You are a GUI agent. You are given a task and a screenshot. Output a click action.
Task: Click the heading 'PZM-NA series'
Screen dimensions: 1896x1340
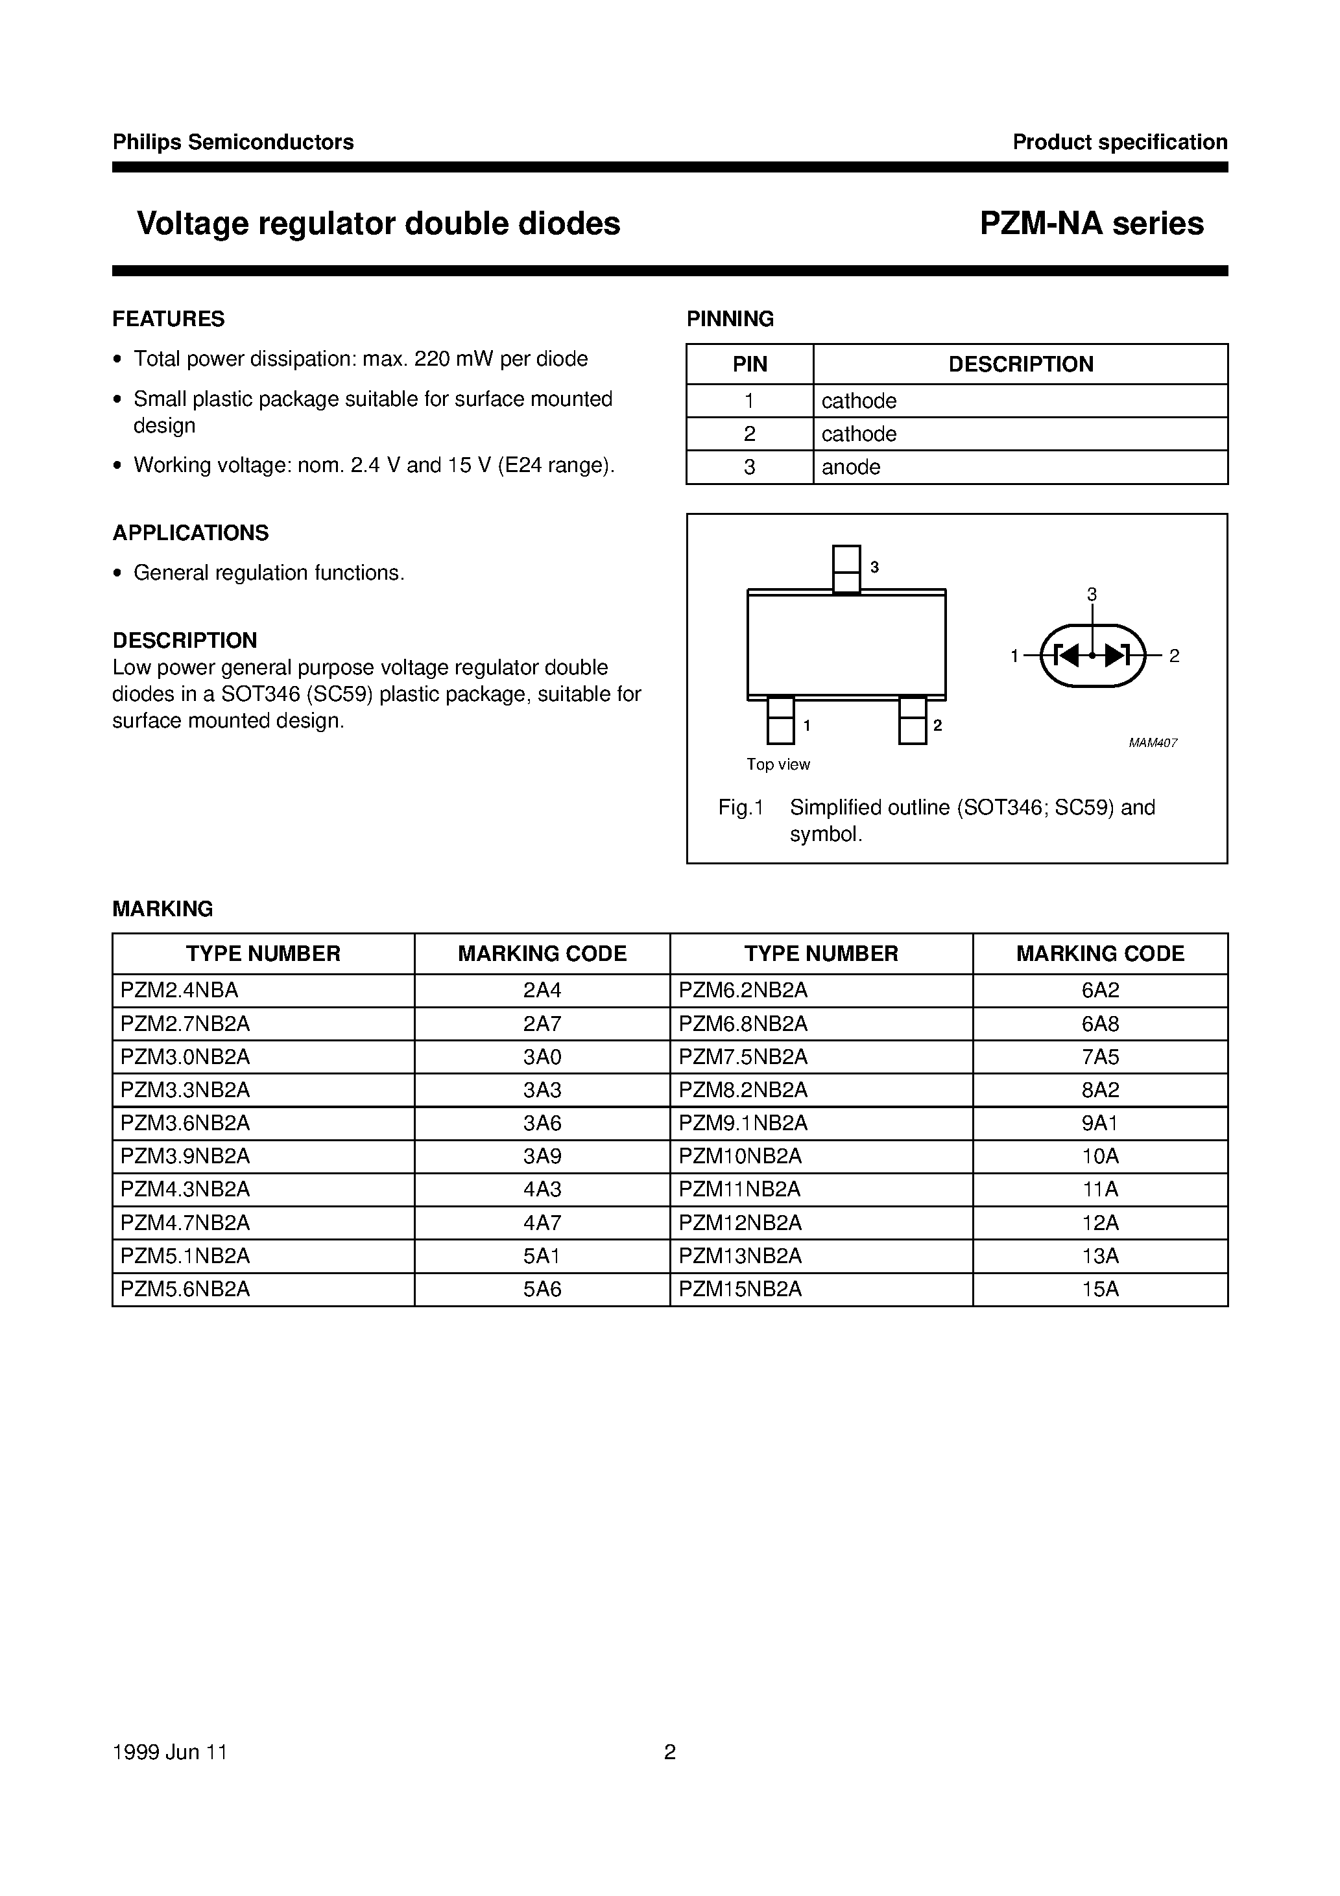click(1092, 223)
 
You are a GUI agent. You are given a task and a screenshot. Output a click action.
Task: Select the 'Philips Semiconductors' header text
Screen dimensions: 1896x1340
click(233, 142)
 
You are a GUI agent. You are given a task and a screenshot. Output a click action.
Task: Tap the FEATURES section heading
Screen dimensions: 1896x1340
click(169, 319)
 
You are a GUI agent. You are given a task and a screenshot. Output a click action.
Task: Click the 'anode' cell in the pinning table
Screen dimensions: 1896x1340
click(851, 468)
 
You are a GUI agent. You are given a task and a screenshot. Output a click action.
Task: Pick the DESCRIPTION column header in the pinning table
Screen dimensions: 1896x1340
click(1020, 364)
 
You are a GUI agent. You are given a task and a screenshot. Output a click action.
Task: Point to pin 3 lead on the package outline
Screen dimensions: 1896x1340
click(846, 569)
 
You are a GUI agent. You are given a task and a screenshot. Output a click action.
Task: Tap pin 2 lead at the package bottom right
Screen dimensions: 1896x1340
click(912, 721)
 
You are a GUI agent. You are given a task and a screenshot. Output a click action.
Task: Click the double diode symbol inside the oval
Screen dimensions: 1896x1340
click(1092, 656)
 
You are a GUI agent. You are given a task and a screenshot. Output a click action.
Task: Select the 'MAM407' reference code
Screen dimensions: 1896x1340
click(1153, 743)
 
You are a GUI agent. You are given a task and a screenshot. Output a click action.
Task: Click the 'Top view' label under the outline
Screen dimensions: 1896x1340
click(778, 764)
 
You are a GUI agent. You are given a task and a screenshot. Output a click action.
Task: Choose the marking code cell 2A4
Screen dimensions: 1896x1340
click(542, 990)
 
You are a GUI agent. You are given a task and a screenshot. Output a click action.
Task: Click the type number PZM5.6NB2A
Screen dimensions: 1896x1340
click(185, 1289)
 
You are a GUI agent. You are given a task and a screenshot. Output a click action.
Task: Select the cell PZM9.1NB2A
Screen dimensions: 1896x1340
click(743, 1123)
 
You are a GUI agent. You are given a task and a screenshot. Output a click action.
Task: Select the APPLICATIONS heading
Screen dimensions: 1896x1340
click(191, 532)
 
